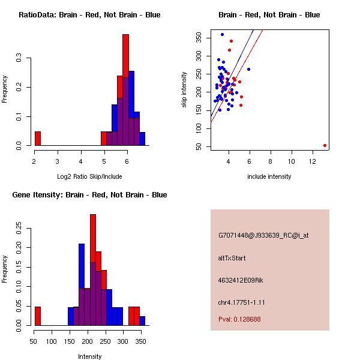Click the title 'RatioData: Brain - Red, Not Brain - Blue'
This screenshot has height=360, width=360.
coord(89,15)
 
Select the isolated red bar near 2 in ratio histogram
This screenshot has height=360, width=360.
coord(38,139)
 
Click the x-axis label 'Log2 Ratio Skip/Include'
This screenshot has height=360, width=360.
coord(89,176)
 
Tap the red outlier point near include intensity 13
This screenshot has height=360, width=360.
coord(325,145)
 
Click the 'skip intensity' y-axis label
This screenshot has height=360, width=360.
coord(184,90)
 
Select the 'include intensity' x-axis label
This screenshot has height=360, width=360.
coord(269,176)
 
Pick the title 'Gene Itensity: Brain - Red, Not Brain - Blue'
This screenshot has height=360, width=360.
coord(89,195)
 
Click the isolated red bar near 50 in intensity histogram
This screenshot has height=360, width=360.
coord(38,316)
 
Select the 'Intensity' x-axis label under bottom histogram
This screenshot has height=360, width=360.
coord(89,356)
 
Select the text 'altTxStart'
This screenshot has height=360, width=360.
coord(232,258)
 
